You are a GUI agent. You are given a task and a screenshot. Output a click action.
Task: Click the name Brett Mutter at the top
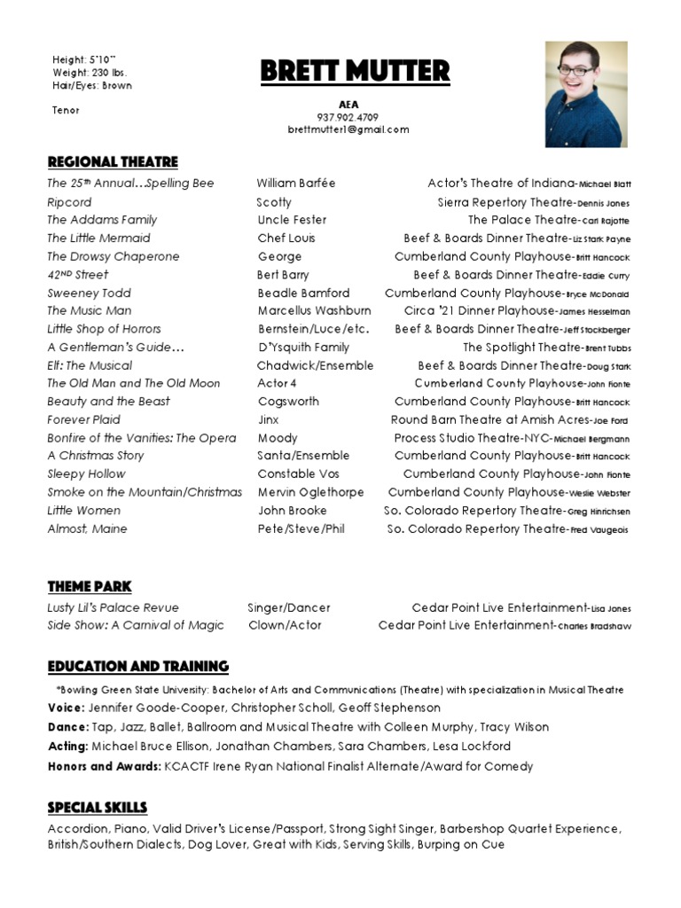[355, 71]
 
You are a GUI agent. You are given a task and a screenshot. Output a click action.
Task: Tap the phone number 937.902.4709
[348, 117]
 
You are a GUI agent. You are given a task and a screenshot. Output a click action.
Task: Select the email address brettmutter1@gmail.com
[348, 129]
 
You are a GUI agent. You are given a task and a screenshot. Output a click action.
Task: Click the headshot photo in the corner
[585, 95]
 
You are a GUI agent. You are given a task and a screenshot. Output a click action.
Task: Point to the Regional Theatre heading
[113, 161]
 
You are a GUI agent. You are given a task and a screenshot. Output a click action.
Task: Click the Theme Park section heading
[90, 586]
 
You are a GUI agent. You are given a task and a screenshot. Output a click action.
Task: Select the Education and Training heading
[137, 667]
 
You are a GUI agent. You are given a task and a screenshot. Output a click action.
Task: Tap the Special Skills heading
[98, 807]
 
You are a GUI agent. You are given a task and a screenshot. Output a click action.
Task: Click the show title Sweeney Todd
[89, 293]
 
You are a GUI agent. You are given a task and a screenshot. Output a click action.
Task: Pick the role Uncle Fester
[292, 220]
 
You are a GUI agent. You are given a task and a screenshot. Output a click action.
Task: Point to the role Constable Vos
[298, 474]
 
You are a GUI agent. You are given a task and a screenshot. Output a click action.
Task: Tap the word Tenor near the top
[66, 111]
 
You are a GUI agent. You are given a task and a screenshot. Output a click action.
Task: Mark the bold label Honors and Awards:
[104, 766]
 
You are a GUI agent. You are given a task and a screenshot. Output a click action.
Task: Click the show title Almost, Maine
[87, 529]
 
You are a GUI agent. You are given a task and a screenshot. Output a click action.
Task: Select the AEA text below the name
[348, 105]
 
